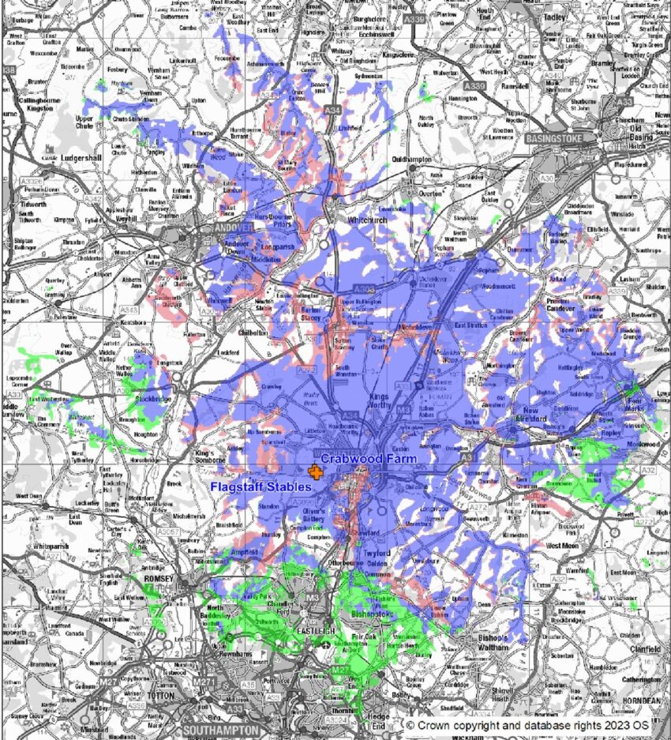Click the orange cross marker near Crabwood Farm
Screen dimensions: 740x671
(316, 472)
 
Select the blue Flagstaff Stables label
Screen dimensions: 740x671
(261, 487)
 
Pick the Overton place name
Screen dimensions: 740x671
(431, 192)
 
